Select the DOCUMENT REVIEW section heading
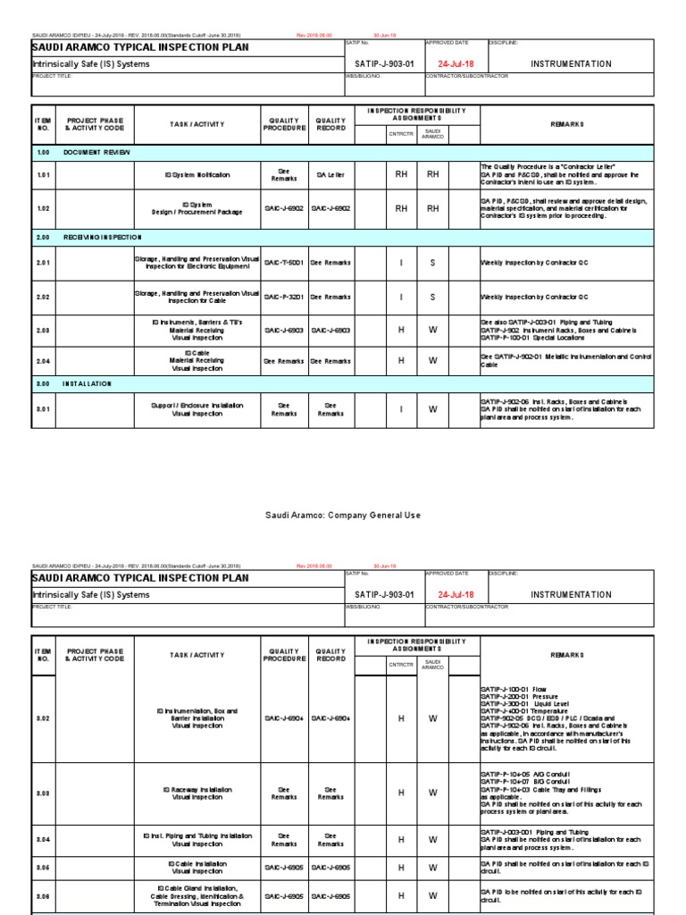tap(96, 153)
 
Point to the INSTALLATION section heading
tap(87, 382)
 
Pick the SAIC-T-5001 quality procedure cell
tap(284, 263)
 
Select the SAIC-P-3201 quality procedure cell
tap(284, 296)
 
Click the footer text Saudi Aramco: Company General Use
tap(343, 516)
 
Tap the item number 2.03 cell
tap(44, 330)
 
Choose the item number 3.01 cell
tap(44, 409)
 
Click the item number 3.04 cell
tap(44, 840)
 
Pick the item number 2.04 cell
tap(44, 361)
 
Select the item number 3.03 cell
tap(44, 793)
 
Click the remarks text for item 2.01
tap(534, 263)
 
